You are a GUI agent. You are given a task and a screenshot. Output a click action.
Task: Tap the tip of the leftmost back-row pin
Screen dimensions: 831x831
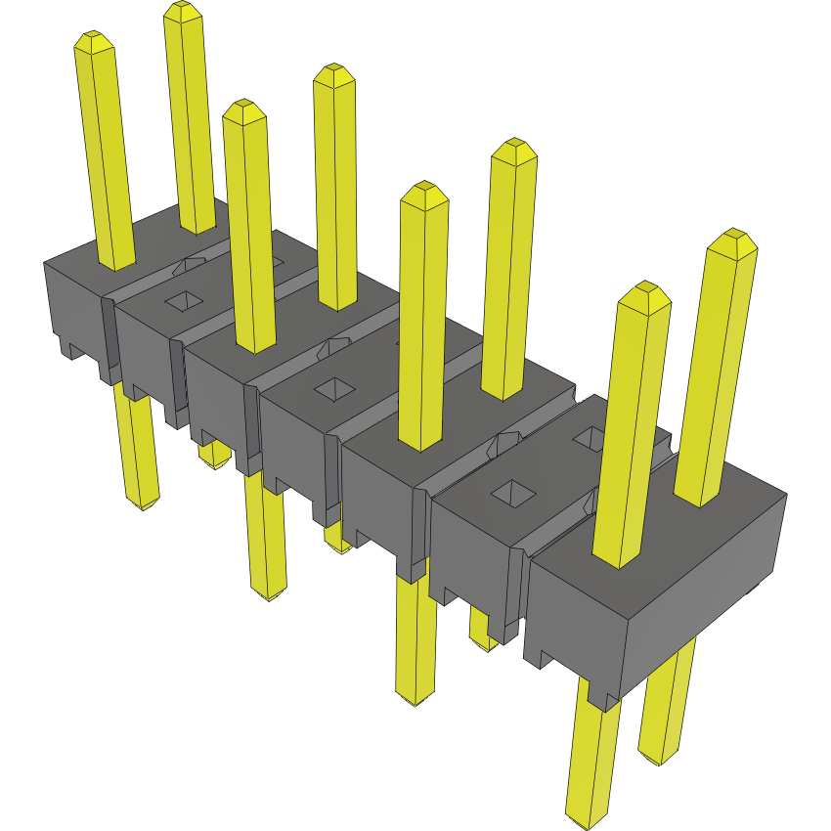click(183, 10)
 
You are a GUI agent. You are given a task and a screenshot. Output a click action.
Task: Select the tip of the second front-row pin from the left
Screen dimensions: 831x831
click(243, 109)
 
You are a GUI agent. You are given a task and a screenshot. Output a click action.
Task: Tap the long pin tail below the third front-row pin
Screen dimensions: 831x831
click(415, 635)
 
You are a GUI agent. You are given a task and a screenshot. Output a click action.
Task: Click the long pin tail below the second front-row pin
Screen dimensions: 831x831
click(267, 538)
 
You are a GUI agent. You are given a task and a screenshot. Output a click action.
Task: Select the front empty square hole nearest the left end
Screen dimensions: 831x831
click(181, 301)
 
